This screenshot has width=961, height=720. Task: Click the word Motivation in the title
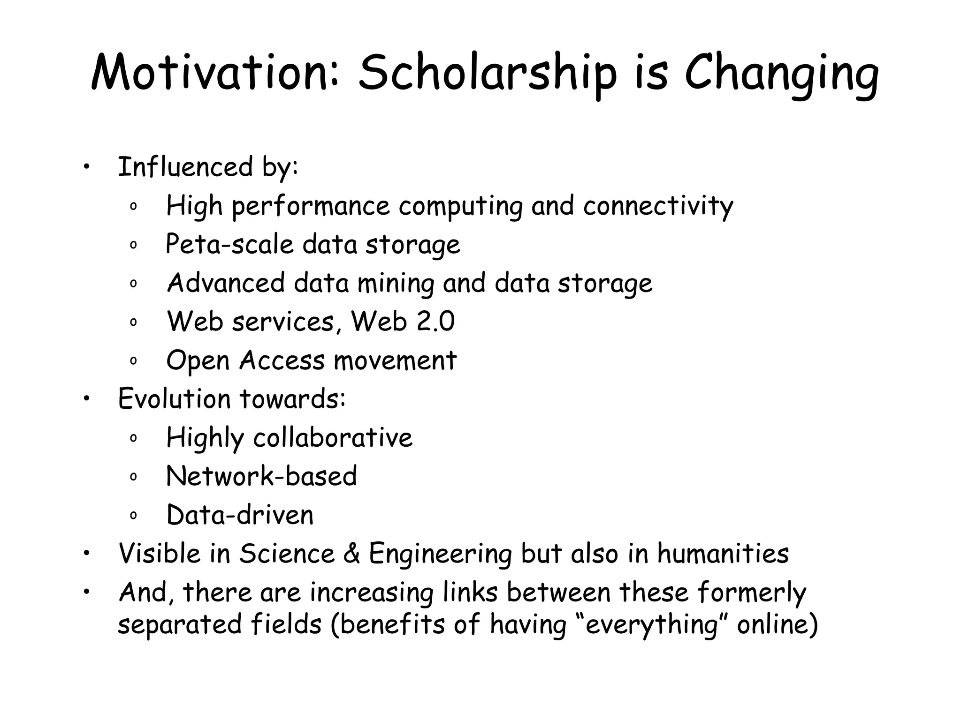point(214,73)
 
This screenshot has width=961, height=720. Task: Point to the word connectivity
point(658,206)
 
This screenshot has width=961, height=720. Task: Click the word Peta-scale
point(229,244)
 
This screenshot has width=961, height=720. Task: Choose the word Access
point(282,360)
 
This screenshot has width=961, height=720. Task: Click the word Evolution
point(174,399)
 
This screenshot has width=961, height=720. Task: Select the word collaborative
point(333,438)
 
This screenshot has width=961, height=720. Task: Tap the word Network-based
point(261,476)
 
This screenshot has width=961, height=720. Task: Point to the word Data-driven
point(240,515)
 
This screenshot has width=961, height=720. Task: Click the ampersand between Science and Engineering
point(351,554)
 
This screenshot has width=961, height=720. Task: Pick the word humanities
point(723,554)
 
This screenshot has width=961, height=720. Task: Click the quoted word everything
point(651,625)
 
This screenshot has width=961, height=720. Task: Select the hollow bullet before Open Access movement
point(133,361)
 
